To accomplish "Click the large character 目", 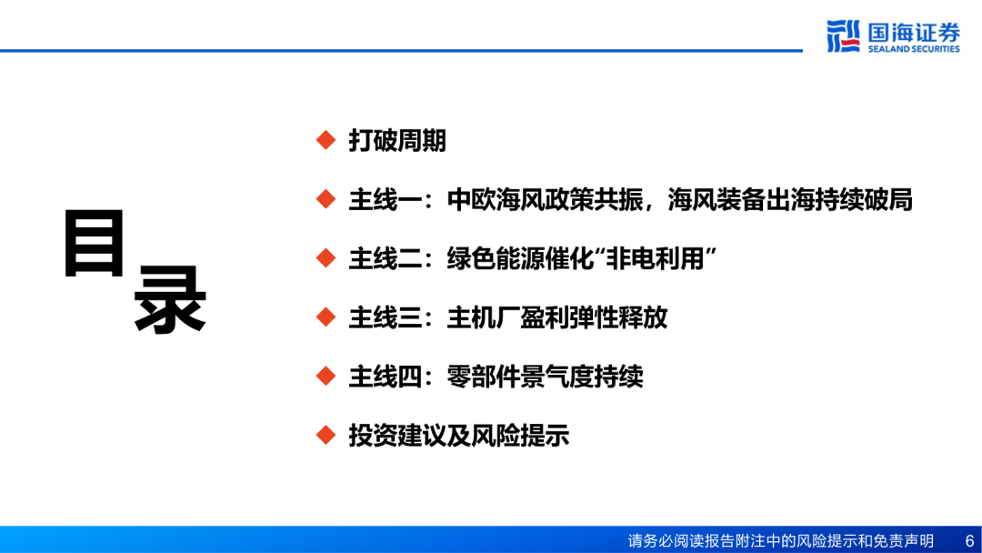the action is (95, 243).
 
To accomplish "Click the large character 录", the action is (170, 298).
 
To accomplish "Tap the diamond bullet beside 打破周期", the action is (326, 140).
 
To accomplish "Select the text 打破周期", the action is (397, 140).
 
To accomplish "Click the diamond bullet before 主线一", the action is (326, 199).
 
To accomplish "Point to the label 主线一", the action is (386, 200).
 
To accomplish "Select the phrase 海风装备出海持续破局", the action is (790, 200).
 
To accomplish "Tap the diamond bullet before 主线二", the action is (326, 258).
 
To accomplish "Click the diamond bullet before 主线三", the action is (326, 317).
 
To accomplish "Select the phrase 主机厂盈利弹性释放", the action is (556, 317).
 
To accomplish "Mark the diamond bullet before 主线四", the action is (326, 377).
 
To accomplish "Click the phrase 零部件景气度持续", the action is (545, 377).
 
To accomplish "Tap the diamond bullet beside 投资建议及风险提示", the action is (326, 436).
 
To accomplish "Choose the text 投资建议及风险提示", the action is (458, 436).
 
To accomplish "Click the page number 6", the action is (969, 540).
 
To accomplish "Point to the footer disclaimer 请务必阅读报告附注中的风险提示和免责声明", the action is (780, 540).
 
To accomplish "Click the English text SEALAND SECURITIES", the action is (914, 49).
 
